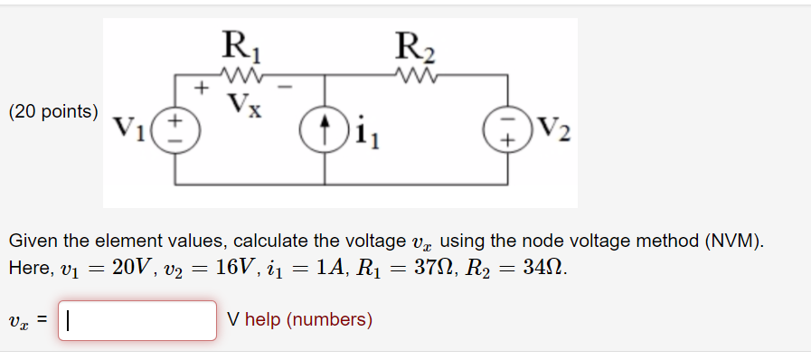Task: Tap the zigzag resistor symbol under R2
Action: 415,73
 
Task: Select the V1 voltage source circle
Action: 176,129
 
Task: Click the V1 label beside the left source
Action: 131,129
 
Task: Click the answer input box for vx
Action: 137,320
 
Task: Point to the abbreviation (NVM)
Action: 732,241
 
